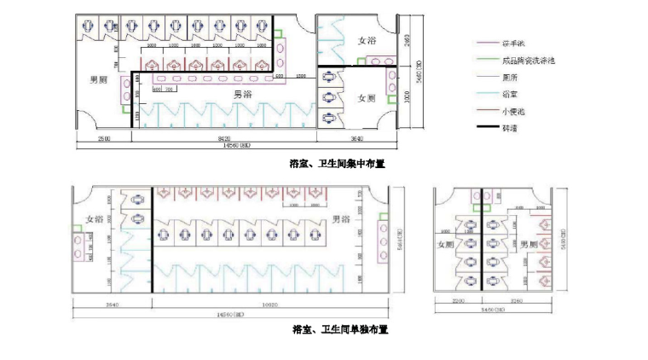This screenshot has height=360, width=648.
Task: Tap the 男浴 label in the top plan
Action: click(x=221, y=93)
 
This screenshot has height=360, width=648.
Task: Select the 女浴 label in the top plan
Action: click(x=367, y=41)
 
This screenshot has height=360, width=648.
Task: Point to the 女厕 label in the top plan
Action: click(x=367, y=98)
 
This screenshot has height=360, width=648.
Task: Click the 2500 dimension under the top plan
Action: click(x=104, y=139)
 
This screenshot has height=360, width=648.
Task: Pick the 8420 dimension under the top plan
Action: click(x=223, y=139)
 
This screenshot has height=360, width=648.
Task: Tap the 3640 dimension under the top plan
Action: click(x=356, y=139)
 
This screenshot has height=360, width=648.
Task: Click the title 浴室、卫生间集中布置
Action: click(x=338, y=163)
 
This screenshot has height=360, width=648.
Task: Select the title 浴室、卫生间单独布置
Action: click(x=339, y=328)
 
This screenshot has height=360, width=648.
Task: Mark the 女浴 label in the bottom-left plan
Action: click(x=94, y=219)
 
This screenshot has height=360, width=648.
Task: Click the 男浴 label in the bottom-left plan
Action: click(x=342, y=219)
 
